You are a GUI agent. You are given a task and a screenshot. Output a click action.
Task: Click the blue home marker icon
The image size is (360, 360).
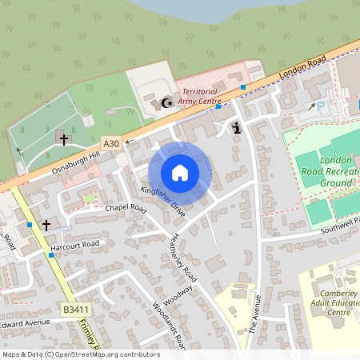pos(180,173)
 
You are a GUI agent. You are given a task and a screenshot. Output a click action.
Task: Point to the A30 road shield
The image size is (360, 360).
pos(111,143)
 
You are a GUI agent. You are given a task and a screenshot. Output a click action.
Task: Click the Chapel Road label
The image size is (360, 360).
pos(126,208)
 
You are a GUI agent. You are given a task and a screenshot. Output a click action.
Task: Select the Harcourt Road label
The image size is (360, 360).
pos(74,245)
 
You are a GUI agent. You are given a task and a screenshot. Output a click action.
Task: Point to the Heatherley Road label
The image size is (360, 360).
pos(185,256)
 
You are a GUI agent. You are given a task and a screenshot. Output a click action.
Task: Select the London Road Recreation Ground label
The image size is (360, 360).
pos(327,171)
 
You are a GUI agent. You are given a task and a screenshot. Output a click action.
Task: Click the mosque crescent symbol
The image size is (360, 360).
pos(167,102)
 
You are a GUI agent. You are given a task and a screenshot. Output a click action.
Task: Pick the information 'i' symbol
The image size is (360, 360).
pos(236,127)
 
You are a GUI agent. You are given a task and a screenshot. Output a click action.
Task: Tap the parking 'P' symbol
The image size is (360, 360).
pos(322,106)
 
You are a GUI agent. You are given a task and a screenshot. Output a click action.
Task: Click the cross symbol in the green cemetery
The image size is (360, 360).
pos(63,138)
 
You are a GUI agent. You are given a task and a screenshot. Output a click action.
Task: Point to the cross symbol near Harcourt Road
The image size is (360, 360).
pos(46,226)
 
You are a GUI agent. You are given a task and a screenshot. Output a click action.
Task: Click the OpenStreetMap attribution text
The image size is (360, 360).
pos(80,354)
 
